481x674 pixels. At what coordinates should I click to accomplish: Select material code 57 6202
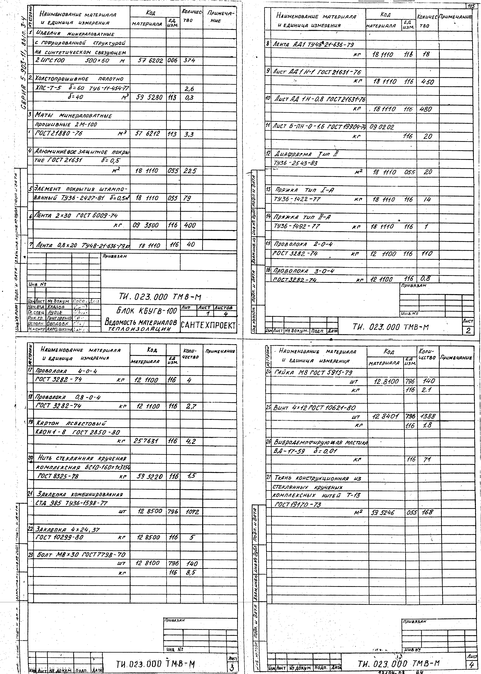pyautogui.click(x=150, y=60)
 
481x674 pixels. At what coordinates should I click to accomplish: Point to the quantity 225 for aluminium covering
pyautogui.click(x=190, y=171)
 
